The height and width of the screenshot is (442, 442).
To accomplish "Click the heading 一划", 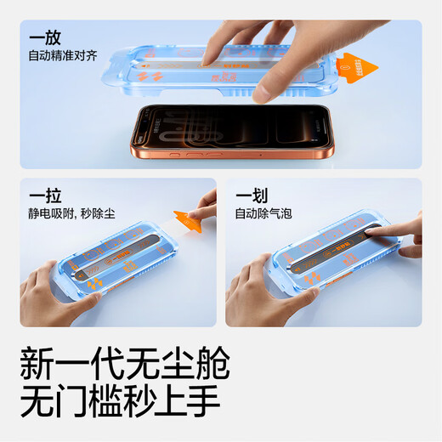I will (x=252, y=195).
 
